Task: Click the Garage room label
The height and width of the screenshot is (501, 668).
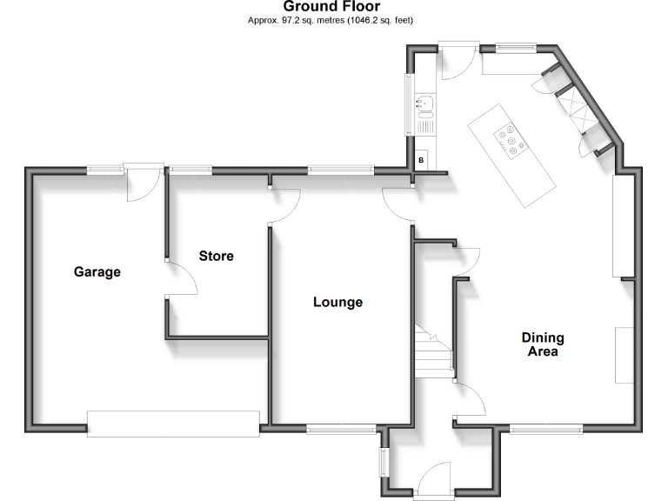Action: (97, 272)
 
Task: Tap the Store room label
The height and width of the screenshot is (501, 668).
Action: (216, 256)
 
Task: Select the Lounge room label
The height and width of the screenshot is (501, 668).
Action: (337, 303)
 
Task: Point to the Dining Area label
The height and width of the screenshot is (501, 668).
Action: (542, 344)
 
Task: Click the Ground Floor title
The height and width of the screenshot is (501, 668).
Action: (331, 7)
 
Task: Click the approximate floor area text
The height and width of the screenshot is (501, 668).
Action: (331, 19)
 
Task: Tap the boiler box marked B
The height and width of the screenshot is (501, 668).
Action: (421, 159)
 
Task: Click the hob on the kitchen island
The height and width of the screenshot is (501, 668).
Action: (510, 141)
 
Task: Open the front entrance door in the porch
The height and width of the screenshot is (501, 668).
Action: (432, 481)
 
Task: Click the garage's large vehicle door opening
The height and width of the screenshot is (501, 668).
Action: (173, 423)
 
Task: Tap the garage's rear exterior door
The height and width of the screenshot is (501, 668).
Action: (142, 183)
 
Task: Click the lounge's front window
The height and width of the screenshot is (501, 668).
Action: (341, 428)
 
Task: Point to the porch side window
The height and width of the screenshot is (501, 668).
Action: (383, 462)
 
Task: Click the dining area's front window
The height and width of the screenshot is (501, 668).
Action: (545, 428)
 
